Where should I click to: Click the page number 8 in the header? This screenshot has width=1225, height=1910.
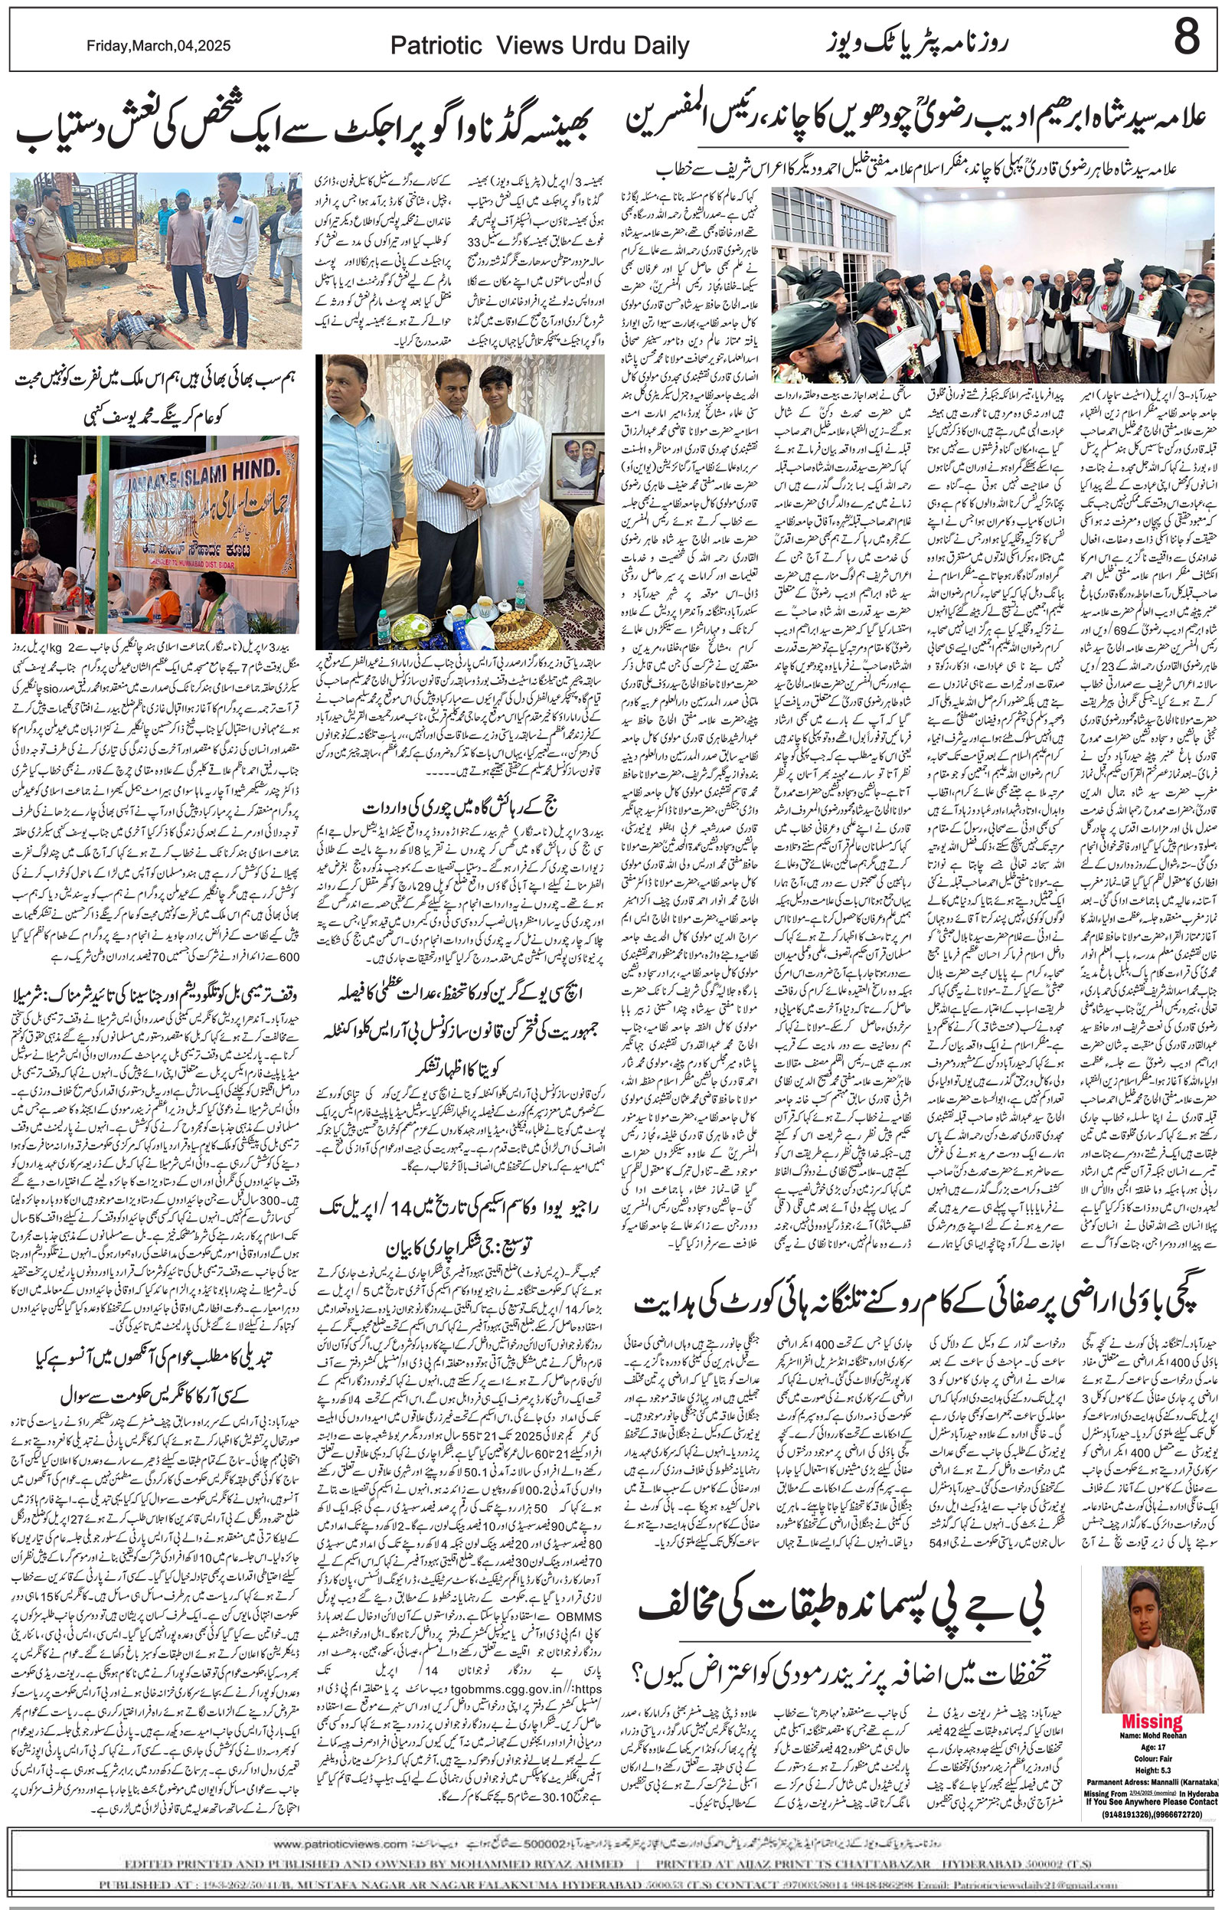click(x=1186, y=38)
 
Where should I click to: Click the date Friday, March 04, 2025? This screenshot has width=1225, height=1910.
click(x=158, y=46)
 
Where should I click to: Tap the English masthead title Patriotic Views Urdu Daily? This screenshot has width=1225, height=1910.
click(x=539, y=46)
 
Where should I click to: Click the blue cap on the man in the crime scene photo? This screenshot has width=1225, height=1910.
click(x=183, y=194)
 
